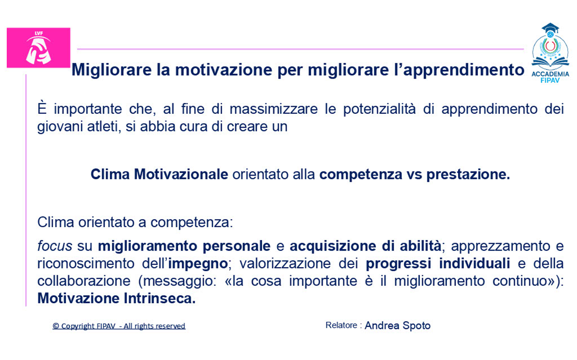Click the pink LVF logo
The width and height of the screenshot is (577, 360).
(38, 48)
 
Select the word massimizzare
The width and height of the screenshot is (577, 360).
(273, 109)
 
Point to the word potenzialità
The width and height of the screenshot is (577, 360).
(379, 109)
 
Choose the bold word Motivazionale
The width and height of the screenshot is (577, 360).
(181, 174)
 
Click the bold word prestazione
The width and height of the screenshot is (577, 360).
(468, 175)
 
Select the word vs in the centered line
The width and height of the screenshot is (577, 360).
(414, 175)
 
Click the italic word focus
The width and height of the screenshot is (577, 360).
(55, 246)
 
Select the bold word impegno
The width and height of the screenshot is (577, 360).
(198, 263)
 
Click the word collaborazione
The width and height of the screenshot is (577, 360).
(84, 281)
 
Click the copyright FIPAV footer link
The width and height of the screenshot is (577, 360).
(119, 326)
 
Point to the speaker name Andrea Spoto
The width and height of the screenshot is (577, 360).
(397, 326)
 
